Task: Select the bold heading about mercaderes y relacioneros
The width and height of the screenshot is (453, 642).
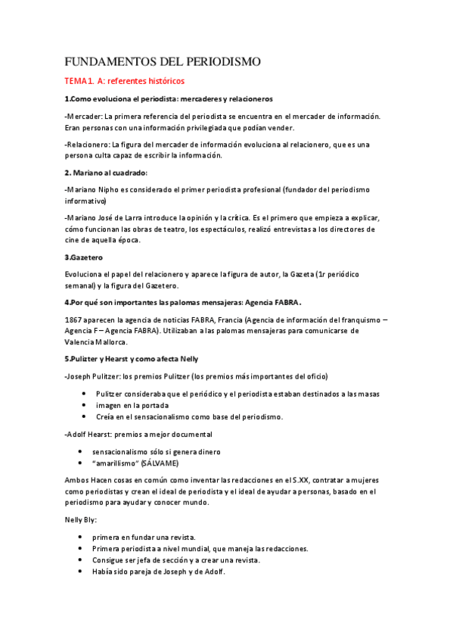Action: click(168, 99)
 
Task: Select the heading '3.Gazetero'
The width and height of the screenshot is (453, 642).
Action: click(88, 257)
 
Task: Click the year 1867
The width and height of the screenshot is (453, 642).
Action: click(75, 319)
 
